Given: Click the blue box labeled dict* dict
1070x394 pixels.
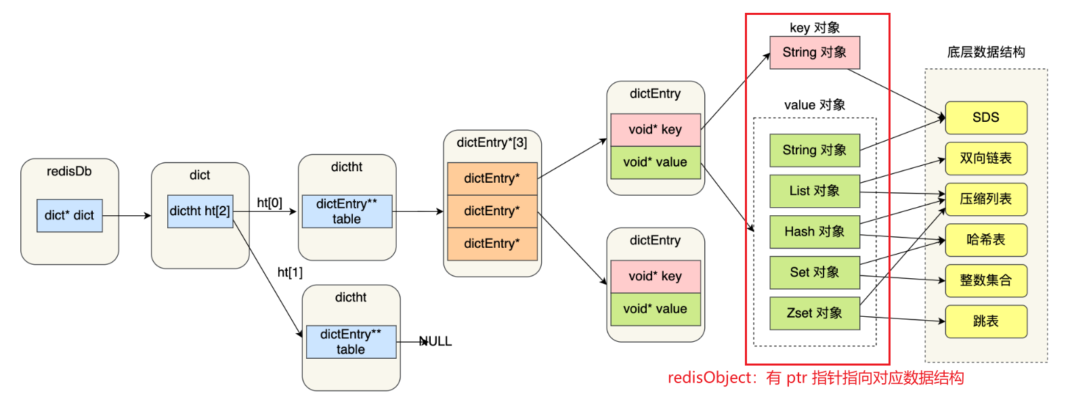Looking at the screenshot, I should [x=69, y=215].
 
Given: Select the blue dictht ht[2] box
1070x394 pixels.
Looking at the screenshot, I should [x=200, y=211].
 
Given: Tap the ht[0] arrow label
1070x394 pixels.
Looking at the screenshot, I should [x=270, y=202].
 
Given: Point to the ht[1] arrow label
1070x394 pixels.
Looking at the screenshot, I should [x=290, y=272].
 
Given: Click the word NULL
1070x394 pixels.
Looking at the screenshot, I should [x=435, y=341].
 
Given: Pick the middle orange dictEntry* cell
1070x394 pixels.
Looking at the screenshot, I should [x=492, y=211].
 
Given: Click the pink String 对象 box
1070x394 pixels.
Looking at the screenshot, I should [x=815, y=53].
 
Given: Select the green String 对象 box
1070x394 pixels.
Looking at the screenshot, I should [x=815, y=150].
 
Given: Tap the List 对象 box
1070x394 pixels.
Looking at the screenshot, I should [x=815, y=191].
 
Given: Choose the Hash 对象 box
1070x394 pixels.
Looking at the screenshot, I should [x=815, y=232].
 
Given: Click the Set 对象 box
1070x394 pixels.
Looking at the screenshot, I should [x=815, y=272].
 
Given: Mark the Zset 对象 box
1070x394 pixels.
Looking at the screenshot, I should [x=815, y=313].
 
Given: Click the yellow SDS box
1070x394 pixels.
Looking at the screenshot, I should [x=985, y=118].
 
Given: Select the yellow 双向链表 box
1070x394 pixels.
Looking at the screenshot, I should [x=985, y=158].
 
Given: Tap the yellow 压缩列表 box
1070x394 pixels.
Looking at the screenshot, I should [x=985, y=199].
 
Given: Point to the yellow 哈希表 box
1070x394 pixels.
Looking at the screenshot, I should [x=985, y=240].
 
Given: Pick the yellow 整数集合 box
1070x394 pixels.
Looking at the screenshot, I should [x=985, y=280].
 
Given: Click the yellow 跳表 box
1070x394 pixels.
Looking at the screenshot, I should [x=985, y=321].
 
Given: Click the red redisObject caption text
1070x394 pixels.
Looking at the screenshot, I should [x=815, y=378].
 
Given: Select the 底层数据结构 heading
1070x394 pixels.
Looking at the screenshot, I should [x=985, y=52].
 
